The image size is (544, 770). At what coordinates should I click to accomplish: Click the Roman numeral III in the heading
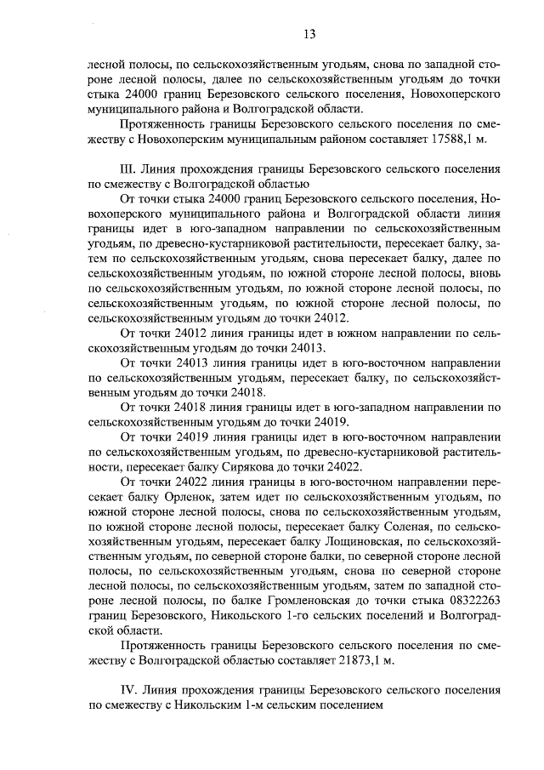(130, 169)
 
